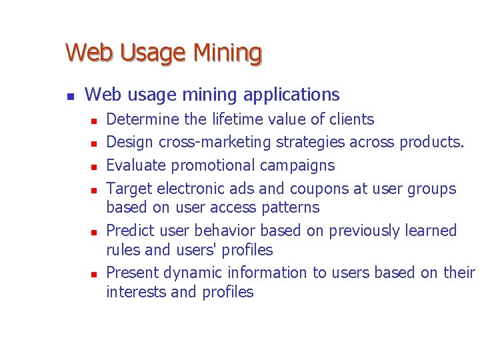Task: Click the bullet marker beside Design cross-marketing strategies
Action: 95,143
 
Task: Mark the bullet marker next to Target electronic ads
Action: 95,189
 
